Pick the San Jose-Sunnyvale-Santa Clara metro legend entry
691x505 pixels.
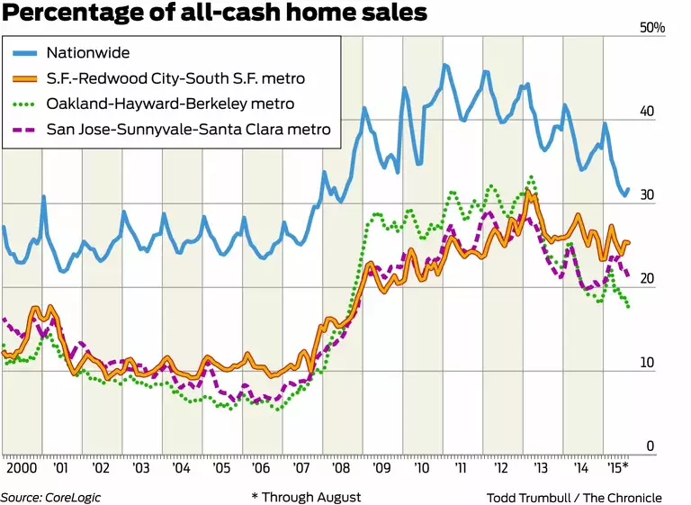pyautogui.click(x=201, y=130)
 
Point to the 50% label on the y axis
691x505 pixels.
pyautogui.click(x=651, y=29)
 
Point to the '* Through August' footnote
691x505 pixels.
pyautogui.click(x=306, y=497)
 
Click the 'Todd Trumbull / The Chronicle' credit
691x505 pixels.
pyautogui.click(x=574, y=497)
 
